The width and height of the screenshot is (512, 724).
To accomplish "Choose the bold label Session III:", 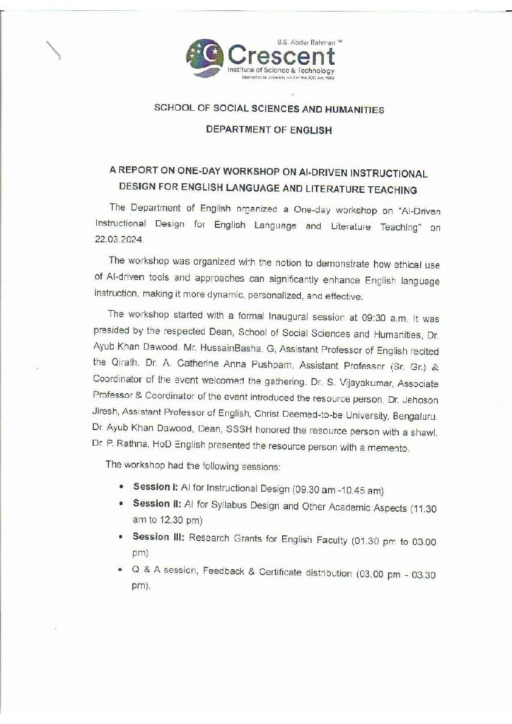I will tap(159, 540).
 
